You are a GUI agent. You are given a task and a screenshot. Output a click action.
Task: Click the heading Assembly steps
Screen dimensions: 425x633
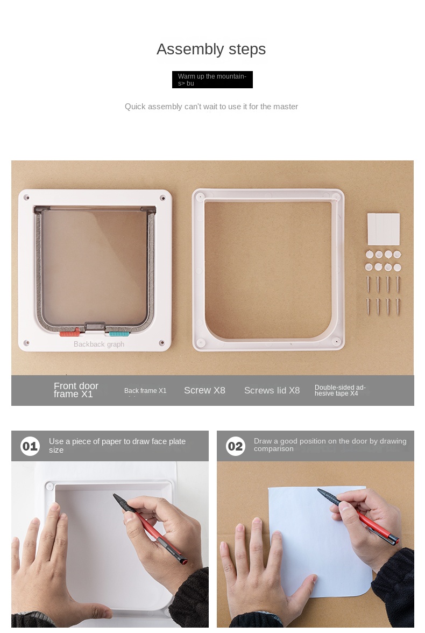click(211, 50)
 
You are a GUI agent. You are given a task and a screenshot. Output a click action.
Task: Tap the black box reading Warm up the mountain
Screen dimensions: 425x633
click(212, 80)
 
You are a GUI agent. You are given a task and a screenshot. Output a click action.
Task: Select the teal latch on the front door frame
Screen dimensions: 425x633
click(119, 334)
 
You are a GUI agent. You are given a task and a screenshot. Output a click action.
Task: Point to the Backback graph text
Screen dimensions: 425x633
click(99, 344)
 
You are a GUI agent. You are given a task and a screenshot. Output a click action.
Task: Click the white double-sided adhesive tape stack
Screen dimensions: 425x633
click(384, 229)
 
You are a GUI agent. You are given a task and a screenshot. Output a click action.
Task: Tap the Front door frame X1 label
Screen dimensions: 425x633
click(76, 390)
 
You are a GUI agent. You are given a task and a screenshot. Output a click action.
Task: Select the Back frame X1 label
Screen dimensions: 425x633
click(145, 390)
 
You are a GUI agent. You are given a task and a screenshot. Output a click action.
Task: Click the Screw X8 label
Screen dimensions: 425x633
click(204, 390)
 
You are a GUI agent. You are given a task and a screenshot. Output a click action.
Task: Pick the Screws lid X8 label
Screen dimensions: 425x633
click(272, 390)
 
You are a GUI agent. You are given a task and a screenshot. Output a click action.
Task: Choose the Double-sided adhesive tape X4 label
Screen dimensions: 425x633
click(340, 390)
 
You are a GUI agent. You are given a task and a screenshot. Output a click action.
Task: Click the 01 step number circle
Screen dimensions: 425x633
click(30, 446)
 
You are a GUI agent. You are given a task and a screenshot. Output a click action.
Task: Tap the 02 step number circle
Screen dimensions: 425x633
click(235, 446)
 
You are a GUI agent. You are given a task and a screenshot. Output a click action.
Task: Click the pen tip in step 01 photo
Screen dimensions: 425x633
click(114, 495)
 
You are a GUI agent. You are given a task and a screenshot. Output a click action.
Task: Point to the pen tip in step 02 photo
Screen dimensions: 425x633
click(319, 490)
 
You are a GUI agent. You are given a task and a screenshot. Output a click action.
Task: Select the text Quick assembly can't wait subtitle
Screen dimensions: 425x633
click(211, 107)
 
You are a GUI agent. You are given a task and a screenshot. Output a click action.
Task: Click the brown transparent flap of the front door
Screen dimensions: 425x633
click(95, 266)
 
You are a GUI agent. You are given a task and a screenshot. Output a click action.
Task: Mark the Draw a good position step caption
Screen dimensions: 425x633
click(330, 445)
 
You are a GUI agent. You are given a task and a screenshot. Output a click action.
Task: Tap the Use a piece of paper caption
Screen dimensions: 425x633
click(117, 446)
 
